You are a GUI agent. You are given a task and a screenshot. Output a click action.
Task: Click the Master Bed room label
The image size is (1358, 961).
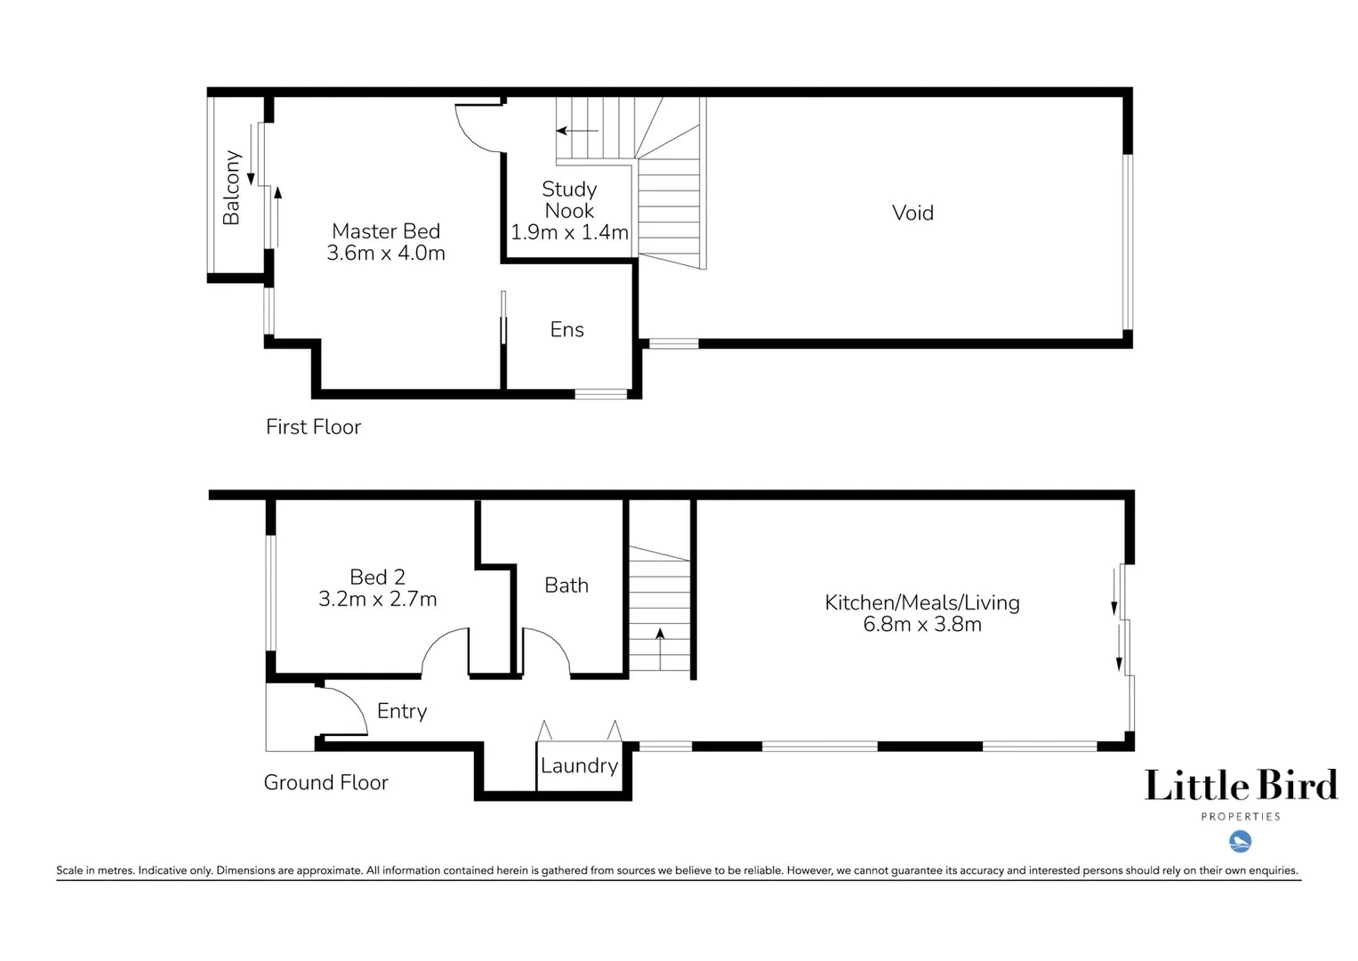tap(386, 231)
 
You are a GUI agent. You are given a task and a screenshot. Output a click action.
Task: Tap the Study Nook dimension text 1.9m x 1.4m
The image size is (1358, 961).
tap(569, 232)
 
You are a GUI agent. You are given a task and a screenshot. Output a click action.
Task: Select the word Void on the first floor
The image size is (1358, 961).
tap(912, 213)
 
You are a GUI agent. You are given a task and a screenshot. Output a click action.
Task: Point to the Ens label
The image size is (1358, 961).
tap(567, 330)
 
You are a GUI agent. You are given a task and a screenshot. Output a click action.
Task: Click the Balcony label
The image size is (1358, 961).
tap(231, 187)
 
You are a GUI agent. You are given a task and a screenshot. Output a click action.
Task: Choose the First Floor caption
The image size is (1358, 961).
tap(313, 427)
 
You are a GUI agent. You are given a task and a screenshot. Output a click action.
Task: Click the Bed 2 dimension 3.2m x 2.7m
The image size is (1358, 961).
tap(377, 600)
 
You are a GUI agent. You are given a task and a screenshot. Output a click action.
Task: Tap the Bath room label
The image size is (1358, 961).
tap(567, 585)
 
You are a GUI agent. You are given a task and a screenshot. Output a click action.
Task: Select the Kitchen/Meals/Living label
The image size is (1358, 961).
tap(922, 602)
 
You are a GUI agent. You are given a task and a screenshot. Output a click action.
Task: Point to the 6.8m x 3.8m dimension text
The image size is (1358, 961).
tap(922, 625)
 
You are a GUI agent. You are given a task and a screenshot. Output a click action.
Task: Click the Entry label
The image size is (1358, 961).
tap(402, 711)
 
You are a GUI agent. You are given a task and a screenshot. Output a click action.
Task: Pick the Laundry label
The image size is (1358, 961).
tap(579, 766)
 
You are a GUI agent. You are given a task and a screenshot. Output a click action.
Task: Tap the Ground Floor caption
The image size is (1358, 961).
tap(325, 783)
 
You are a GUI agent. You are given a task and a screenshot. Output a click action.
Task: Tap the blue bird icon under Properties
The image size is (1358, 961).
tap(1240, 841)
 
